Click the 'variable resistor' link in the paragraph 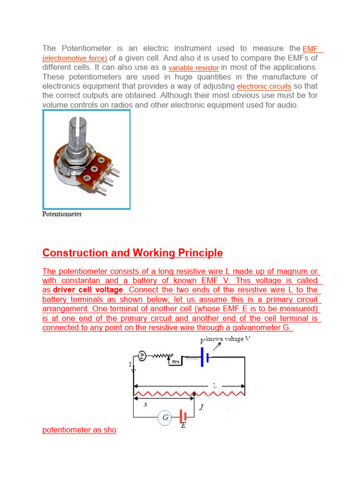(194, 68)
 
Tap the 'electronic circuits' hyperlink (264, 87)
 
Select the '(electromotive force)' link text (75, 59)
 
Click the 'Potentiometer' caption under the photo (62, 214)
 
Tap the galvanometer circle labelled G (165, 417)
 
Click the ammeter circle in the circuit (142, 356)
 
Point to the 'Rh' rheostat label (175, 361)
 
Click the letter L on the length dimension (214, 385)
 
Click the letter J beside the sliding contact (201, 407)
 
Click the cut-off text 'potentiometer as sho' (79, 430)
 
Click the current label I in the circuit (131, 364)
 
